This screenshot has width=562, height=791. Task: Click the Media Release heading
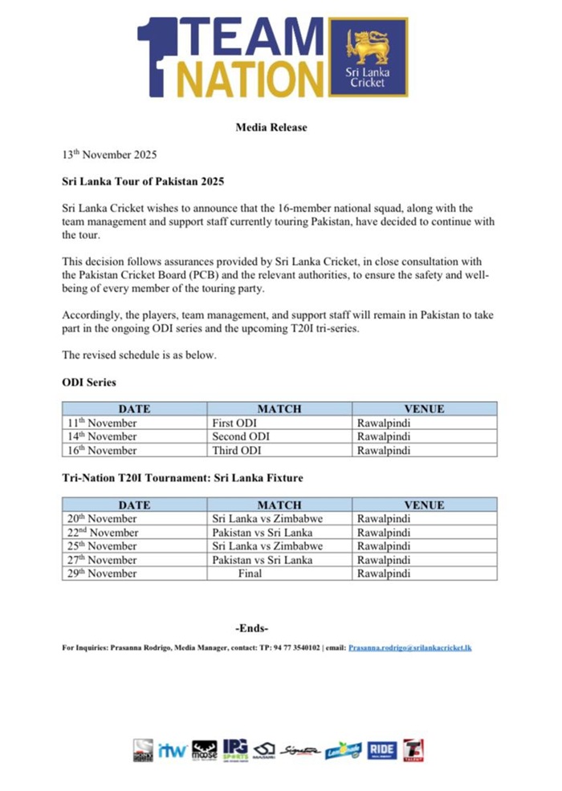click(x=271, y=128)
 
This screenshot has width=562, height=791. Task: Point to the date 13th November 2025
click(x=109, y=154)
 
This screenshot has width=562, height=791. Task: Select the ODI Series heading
click(x=88, y=383)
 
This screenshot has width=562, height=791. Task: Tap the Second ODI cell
click(x=240, y=436)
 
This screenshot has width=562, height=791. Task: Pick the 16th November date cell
click(x=101, y=450)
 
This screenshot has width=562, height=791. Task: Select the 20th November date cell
click(x=101, y=519)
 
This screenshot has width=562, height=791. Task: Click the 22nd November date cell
click(x=102, y=533)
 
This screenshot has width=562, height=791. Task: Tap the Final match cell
click(x=250, y=574)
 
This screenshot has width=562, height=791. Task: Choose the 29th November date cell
click(x=101, y=574)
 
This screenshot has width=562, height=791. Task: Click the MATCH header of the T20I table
click(x=279, y=505)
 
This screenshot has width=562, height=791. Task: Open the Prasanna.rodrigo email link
click(x=410, y=647)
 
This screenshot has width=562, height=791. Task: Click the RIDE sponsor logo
click(x=382, y=751)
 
